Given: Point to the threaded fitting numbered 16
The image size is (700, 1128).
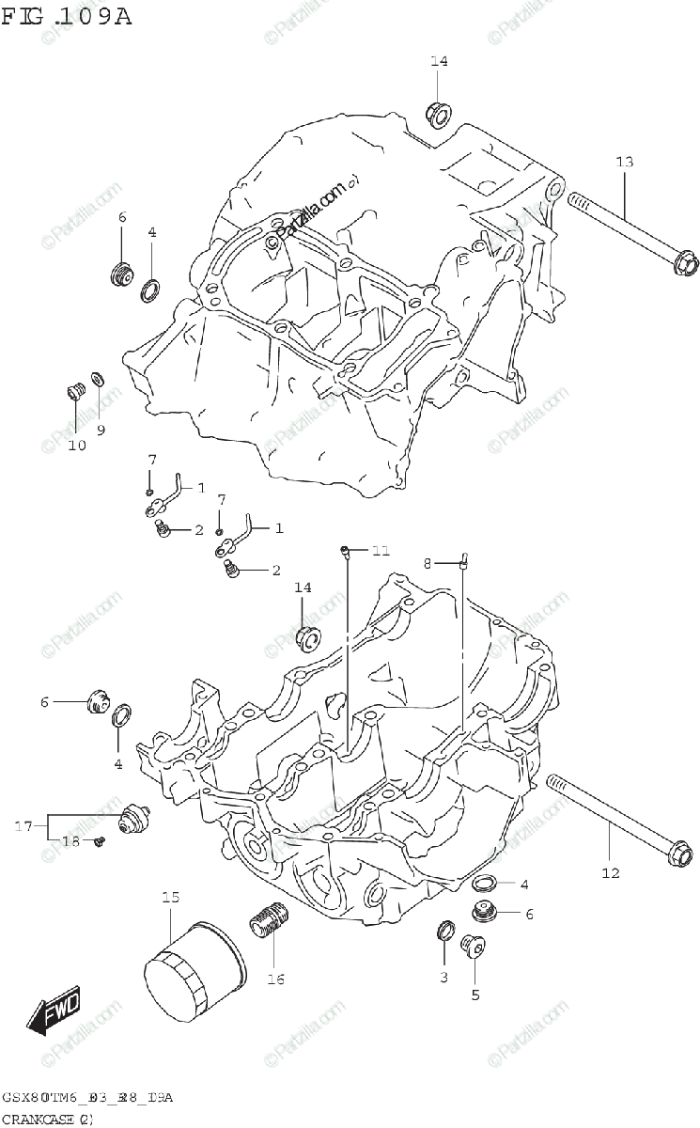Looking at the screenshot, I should [268, 920].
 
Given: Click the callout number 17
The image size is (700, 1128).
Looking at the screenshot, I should [23, 826].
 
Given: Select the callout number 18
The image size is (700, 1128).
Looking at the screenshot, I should [70, 840].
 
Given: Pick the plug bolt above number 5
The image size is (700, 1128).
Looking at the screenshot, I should [473, 946].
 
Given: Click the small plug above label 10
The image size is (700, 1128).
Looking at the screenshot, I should [72, 391].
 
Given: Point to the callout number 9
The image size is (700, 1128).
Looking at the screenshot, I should [101, 430].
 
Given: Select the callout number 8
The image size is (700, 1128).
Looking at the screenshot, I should [428, 563].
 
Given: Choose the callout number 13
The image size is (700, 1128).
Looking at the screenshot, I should [625, 163].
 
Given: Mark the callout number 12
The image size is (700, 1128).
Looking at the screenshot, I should [611, 873].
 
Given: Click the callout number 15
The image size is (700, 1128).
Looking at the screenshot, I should [169, 899].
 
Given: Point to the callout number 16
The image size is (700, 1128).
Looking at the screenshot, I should [275, 979].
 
